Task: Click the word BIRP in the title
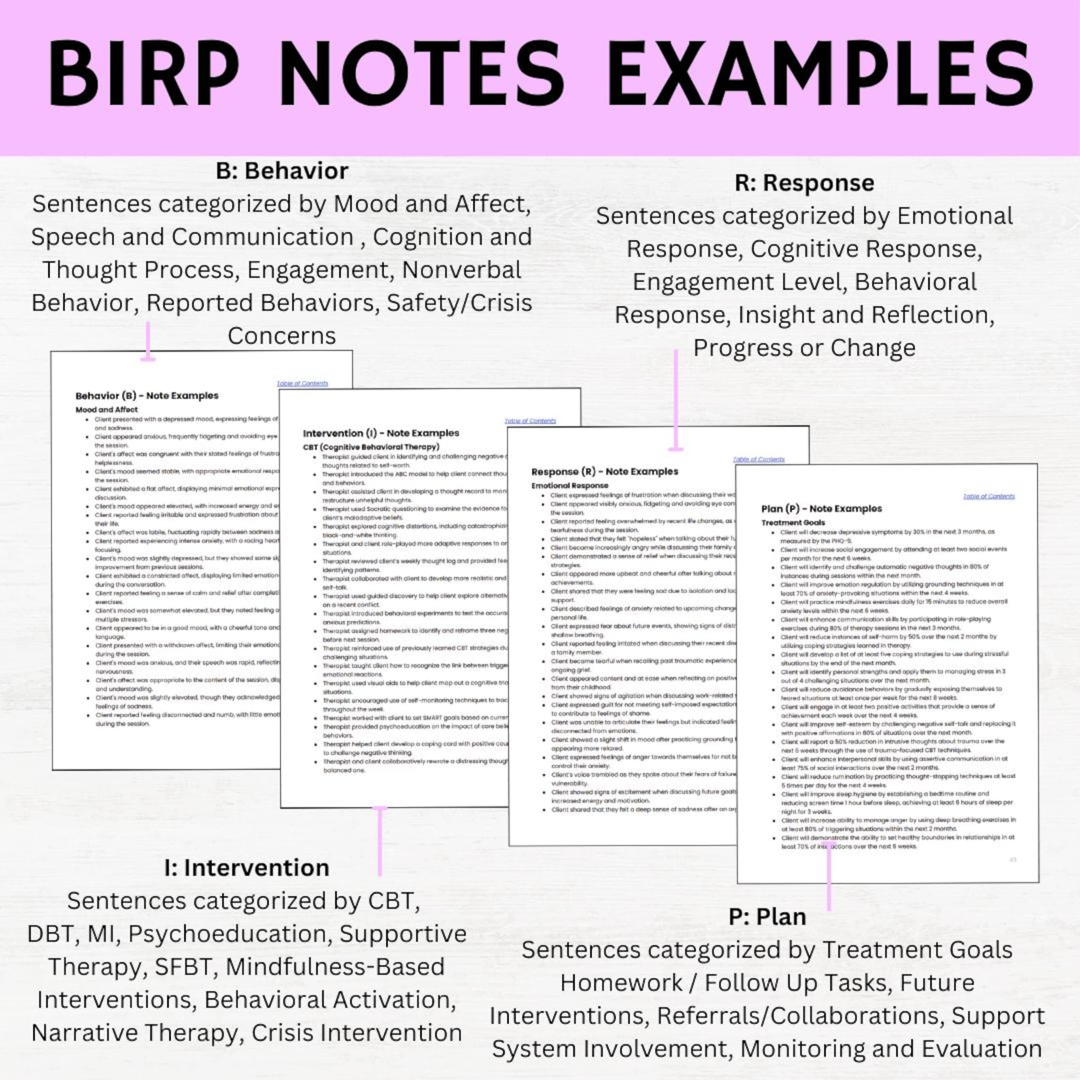(x=143, y=73)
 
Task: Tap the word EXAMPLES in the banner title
(x=821, y=73)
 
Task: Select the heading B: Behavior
(x=282, y=171)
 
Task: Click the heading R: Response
(x=805, y=183)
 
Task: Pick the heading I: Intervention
(x=247, y=868)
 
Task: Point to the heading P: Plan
(x=767, y=917)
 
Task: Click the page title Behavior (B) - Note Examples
(x=147, y=395)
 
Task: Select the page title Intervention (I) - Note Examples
(x=381, y=433)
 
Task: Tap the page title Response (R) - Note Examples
(x=605, y=471)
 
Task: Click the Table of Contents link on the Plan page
(x=988, y=496)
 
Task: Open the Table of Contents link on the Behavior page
(x=302, y=384)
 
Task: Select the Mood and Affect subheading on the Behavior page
(x=106, y=409)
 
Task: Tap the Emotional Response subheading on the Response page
(x=570, y=486)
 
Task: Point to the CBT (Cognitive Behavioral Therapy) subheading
(x=371, y=447)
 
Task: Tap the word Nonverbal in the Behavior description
(x=461, y=270)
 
